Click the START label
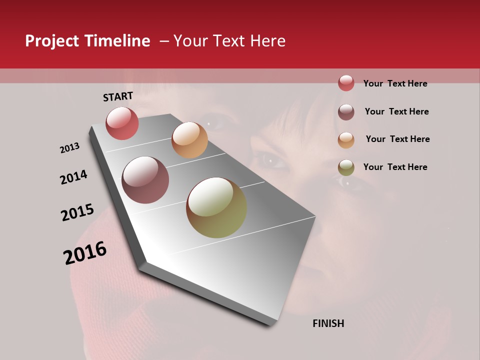click(x=118, y=96)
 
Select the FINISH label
click(x=328, y=323)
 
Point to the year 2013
click(x=69, y=148)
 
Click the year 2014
click(x=73, y=177)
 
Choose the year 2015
click(x=77, y=212)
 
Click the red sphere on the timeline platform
click(x=122, y=123)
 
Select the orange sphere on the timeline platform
click(x=189, y=140)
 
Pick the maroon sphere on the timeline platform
click(x=145, y=180)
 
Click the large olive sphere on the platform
click(x=216, y=207)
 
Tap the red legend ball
click(x=346, y=83)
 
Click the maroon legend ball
click(x=346, y=112)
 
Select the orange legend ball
click(x=346, y=139)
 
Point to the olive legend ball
click(x=346, y=167)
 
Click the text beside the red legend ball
click(x=395, y=83)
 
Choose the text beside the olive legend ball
click(x=395, y=167)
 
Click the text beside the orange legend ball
click(x=397, y=139)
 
